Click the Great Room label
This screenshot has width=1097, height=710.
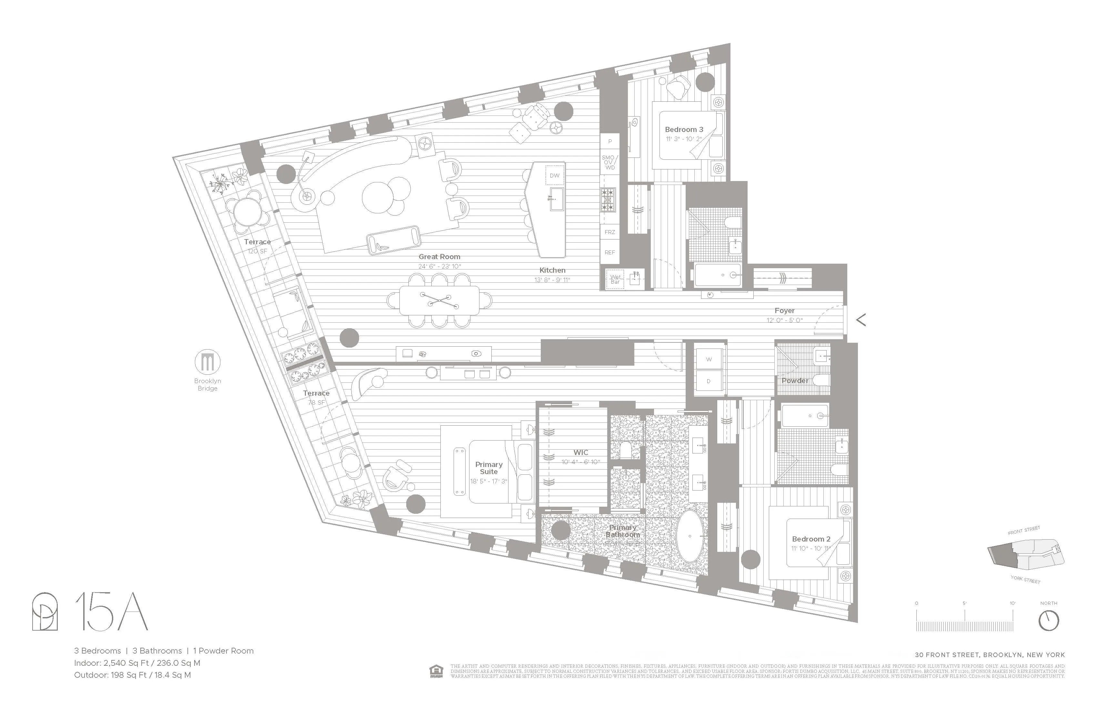pos(439,257)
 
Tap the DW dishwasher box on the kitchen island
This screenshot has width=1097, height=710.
pos(555,175)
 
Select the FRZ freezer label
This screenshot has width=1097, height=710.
pos(610,232)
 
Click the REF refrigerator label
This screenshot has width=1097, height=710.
pos(610,252)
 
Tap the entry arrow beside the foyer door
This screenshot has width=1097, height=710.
pos(860,319)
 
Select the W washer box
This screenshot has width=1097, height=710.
pos(709,359)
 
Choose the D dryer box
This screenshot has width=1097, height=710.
pos(709,381)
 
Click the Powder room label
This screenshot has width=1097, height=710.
pos(795,381)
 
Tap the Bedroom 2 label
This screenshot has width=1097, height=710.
pos(811,539)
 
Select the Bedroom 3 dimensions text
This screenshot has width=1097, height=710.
pos(684,139)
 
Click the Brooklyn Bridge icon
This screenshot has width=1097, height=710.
pos(207,362)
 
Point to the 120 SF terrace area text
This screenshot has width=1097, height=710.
pos(257,251)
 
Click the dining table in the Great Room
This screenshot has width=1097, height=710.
pos(439,300)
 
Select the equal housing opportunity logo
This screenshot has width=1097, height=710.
pos(436,671)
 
